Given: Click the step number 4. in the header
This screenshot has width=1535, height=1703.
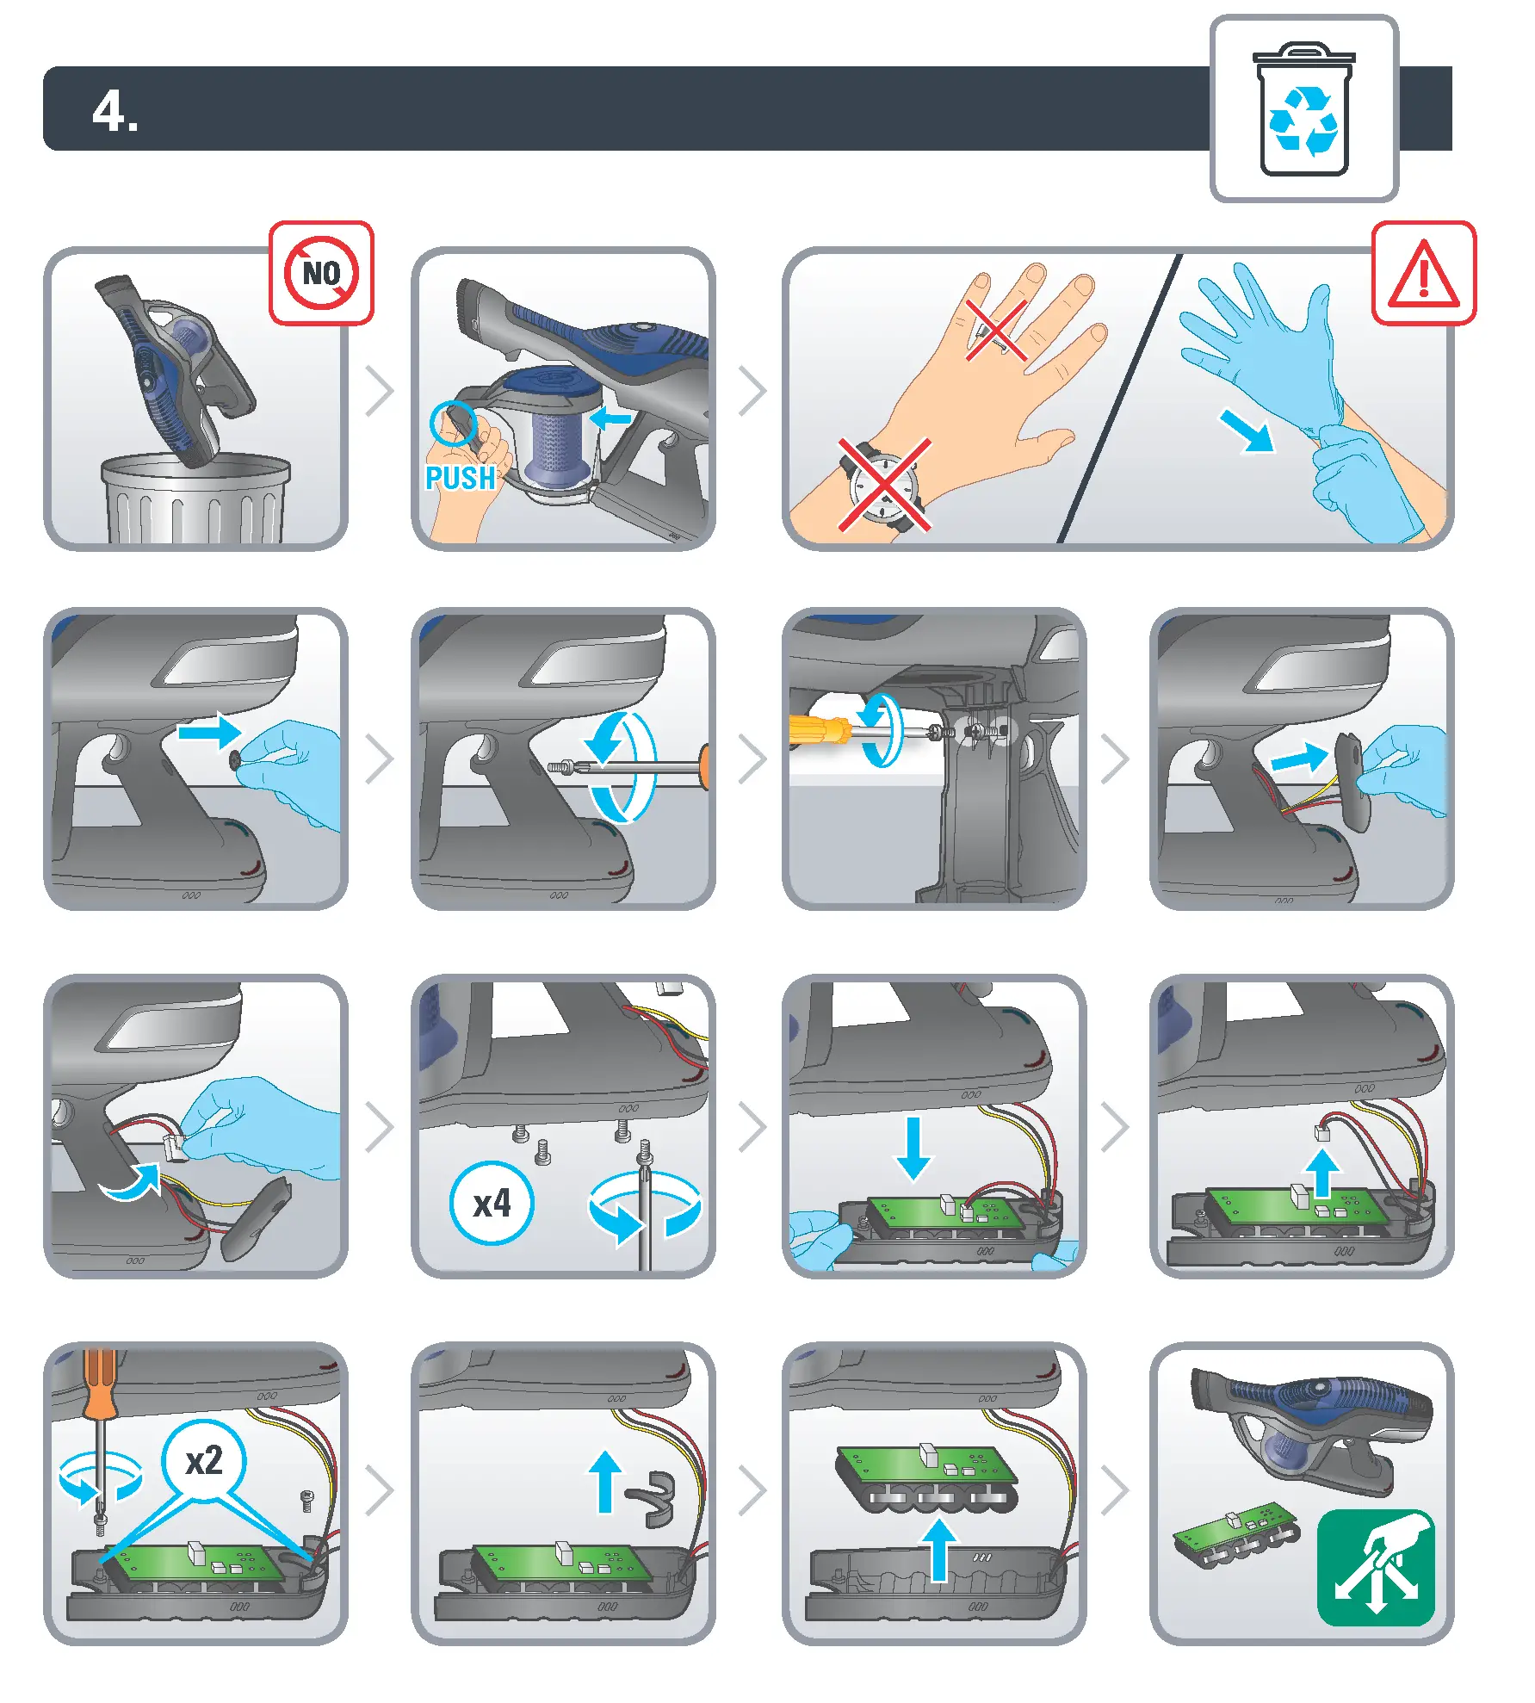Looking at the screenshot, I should point(115,111).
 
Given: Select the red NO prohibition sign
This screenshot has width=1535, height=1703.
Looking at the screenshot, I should point(321,273).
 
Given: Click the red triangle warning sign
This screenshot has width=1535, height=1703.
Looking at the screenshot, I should point(1422,275).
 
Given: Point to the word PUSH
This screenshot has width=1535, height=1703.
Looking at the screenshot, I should point(461,478).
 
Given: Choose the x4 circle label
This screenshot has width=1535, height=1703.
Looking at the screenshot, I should point(492,1204).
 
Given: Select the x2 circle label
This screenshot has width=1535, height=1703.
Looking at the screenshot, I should point(204,1461).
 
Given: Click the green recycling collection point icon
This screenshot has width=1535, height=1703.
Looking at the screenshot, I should point(1376,1567).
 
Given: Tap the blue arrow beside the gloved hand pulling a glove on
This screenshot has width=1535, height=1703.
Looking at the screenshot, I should point(1247,430).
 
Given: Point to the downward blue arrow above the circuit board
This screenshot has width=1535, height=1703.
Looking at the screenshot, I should point(913,1148).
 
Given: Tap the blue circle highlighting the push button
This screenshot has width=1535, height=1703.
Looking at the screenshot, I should point(453,423).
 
